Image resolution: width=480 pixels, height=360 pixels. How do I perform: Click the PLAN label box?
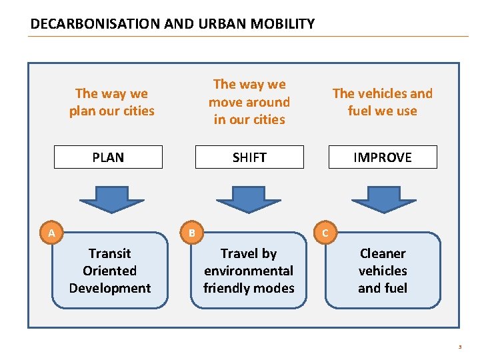(108, 157)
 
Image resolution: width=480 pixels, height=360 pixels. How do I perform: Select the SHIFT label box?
(249, 157)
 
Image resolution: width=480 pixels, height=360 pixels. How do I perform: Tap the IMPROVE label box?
(383, 157)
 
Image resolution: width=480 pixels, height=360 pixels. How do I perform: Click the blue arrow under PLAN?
(110, 198)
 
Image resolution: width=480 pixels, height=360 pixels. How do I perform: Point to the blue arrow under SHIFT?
(249, 198)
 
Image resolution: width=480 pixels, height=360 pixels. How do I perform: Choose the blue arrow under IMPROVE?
(382, 198)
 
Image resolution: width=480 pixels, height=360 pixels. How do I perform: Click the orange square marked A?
(51, 233)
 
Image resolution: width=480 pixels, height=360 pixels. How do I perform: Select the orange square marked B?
(191, 233)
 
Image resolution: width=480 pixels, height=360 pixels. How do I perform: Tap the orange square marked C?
(325, 233)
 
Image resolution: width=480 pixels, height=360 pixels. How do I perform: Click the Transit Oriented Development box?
(110, 271)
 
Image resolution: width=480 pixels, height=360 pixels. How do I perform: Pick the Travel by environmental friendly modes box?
(249, 271)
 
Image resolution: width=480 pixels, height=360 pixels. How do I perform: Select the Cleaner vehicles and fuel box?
(383, 271)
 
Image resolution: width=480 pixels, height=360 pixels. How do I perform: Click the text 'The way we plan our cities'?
(111, 102)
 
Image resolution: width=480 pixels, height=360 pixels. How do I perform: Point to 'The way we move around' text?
(249, 93)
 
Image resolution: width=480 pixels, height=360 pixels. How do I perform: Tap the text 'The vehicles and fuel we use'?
(383, 102)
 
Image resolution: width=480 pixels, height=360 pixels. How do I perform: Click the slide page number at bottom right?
(459, 347)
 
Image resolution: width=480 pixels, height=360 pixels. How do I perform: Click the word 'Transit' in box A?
(110, 253)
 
